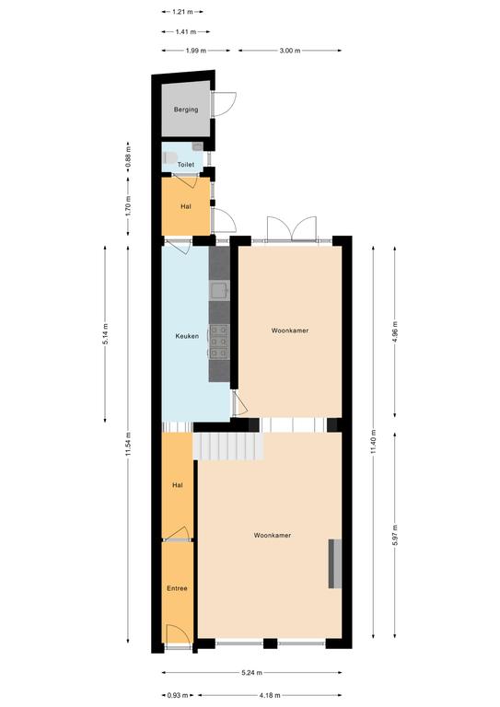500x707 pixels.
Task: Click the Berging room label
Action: (x=186, y=110)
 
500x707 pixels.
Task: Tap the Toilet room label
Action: (x=186, y=165)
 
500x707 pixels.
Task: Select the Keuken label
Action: (x=187, y=336)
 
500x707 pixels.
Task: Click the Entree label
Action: (x=177, y=588)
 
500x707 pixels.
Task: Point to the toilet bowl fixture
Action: (x=169, y=157)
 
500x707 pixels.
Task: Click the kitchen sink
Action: (x=219, y=290)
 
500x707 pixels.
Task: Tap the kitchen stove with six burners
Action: (x=219, y=342)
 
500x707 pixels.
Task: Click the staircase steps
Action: (x=228, y=446)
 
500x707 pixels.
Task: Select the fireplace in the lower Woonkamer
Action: (x=334, y=563)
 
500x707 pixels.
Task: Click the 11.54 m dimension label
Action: (x=129, y=444)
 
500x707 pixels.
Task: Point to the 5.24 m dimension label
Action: (x=251, y=673)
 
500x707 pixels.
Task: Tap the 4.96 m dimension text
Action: (x=395, y=332)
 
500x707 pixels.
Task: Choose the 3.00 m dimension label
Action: (x=290, y=51)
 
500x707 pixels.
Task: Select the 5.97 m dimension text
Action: (x=395, y=535)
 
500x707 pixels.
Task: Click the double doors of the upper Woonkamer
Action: (x=292, y=229)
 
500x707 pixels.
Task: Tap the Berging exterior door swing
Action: (x=224, y=105)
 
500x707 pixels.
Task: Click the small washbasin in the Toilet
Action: (x=197, y=146)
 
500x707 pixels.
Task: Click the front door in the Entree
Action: (x=177, y=636)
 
